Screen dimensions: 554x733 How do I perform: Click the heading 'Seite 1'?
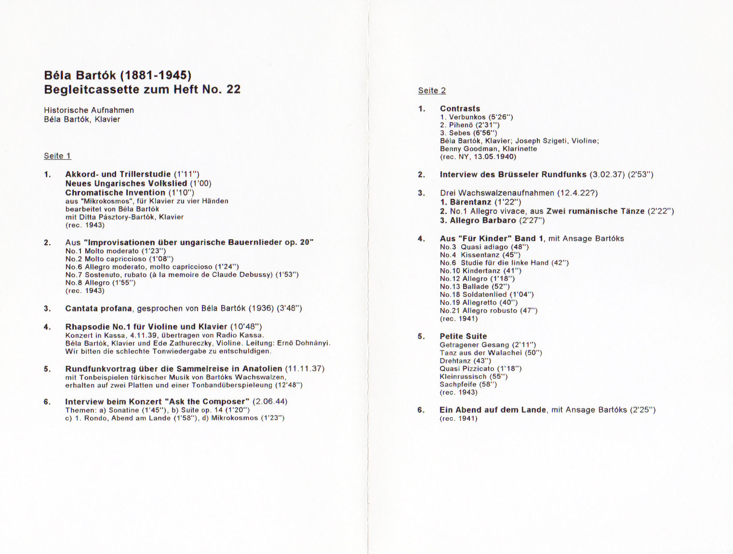(57, 156)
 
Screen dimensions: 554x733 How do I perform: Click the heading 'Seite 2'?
(432, 91)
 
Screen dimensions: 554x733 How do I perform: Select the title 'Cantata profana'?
(98, 308)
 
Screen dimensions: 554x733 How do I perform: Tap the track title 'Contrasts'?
(460, 109)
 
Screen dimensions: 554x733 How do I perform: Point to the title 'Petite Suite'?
(463, 336)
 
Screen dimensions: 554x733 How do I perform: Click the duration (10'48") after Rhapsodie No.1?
(246, 327)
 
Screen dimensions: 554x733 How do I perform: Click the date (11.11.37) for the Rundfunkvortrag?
(305, 369)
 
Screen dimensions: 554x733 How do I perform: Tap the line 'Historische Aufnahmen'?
(89, 110)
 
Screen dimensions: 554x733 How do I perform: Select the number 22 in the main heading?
(233, 90)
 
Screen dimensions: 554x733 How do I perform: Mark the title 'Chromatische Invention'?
(115, 193)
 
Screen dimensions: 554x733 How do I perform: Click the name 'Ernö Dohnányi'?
(306, 343)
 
